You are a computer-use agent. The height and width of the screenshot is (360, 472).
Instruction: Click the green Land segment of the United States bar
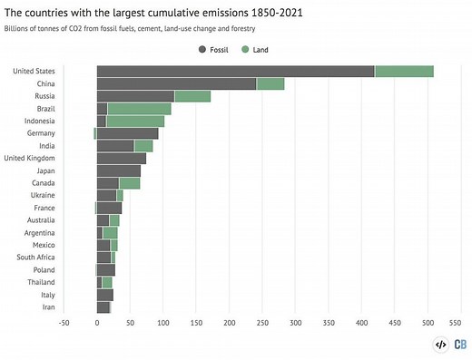click(x=404, y=71)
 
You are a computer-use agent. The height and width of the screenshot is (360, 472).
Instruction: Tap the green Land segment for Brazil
click(x=139, y=108)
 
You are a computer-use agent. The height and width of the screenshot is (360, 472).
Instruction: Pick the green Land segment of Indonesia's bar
click(x=135, y=121)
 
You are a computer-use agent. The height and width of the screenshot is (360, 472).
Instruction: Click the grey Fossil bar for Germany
click(x=128, y=133)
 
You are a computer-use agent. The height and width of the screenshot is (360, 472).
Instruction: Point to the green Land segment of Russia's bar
click(x=192, y=96)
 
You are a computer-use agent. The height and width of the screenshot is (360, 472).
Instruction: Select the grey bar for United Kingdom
click(x=121, y=158)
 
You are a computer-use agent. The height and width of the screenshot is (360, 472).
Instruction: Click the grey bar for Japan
click(x=118, y=170)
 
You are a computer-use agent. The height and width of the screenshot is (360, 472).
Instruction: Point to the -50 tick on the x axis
click(x=64, y=322)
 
